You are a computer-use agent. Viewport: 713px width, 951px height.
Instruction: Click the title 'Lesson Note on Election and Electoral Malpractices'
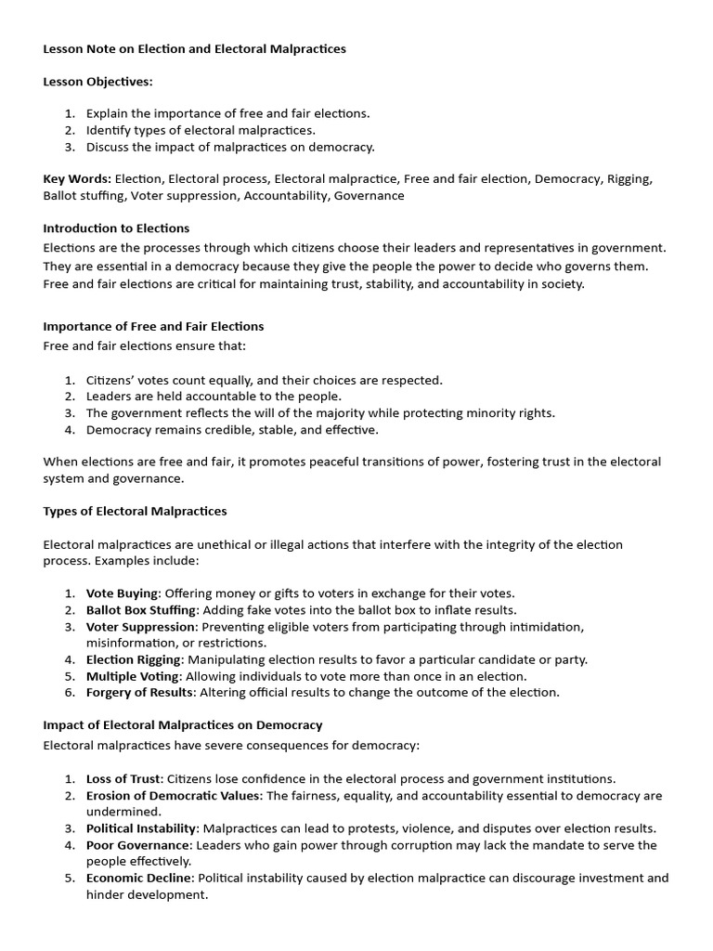click(x=194, y=49)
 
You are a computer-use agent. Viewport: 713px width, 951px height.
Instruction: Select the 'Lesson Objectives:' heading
click(x=97, y=82)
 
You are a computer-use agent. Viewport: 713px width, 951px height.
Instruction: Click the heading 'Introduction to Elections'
click(x=116, y=228)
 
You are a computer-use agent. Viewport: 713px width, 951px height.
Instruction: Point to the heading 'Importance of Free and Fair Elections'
click(x=153, y=327)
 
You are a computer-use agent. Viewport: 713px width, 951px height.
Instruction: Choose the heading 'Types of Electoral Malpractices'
click(x=135, y=512)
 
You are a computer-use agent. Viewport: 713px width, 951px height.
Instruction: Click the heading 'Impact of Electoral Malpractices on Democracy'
click(x=183, y=724)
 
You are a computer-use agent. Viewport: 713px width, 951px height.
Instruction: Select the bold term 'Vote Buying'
click(x=123, y=593)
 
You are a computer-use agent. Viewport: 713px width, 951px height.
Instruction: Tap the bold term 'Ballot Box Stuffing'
click(x=141, y=610)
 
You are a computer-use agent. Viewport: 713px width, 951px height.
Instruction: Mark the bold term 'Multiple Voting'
click(x=132, y=676)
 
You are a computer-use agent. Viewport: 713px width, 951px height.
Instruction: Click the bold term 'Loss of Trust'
click(x=123, y=779)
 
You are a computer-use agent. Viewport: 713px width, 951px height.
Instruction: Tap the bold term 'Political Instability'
click(x=141, y=828)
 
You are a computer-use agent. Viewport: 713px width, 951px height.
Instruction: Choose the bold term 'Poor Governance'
click(x=131, y=845)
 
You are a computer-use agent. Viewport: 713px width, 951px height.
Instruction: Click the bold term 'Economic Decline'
click(x=138, y=878)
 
